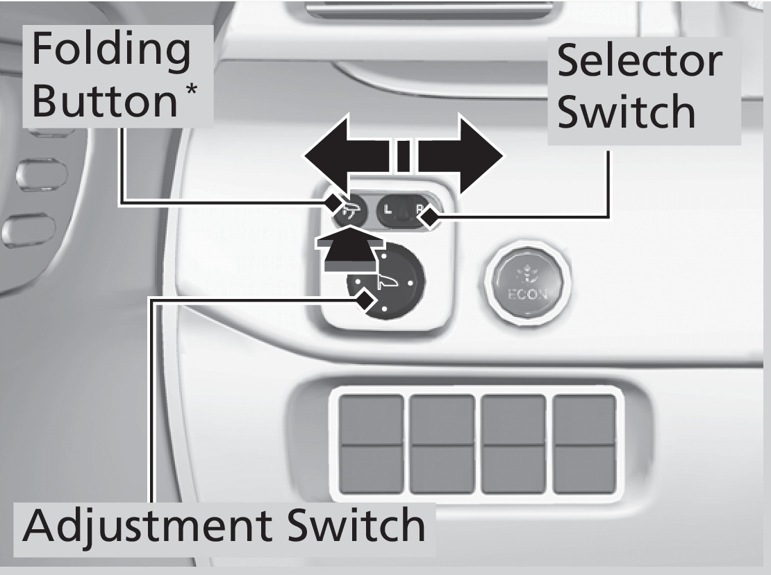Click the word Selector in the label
[638, 60]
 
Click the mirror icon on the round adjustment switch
[386, 281]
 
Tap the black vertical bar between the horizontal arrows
[403, 156]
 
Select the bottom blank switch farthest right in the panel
[584, 470]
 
